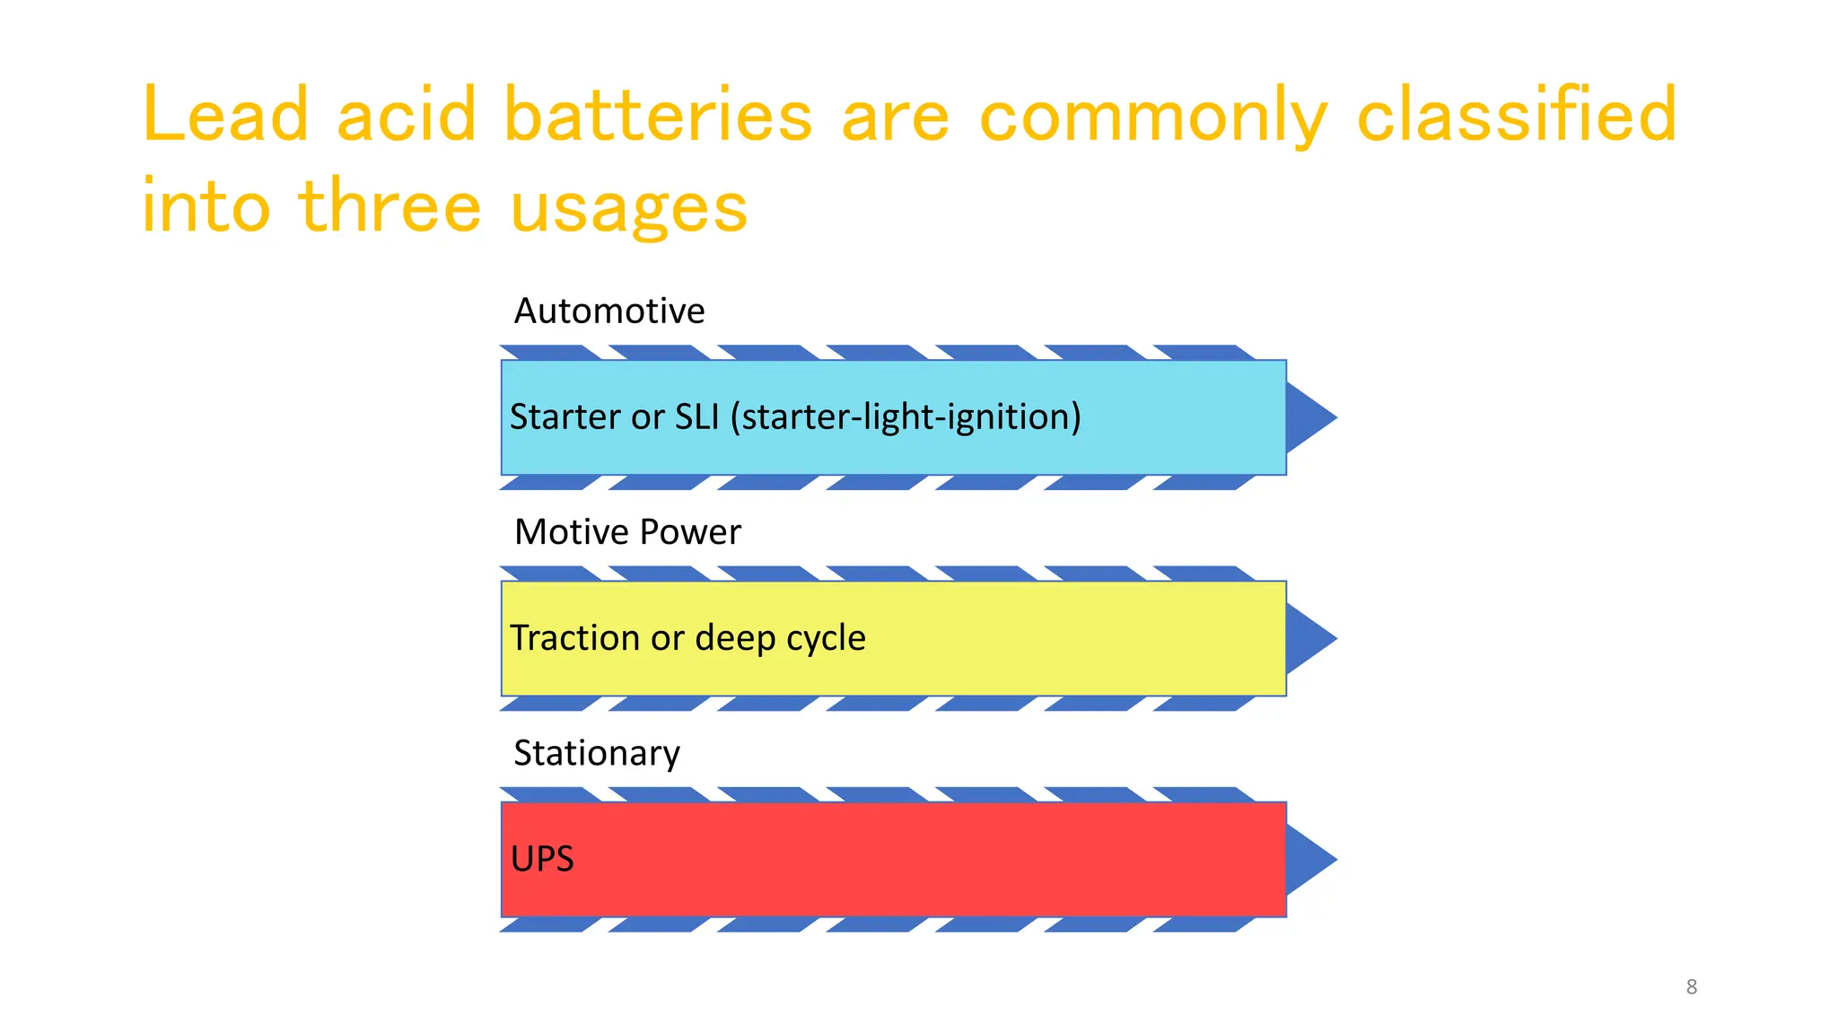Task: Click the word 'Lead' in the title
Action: click(225, 115)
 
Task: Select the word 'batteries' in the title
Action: click(658, 115)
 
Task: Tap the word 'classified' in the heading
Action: click(1517, 115)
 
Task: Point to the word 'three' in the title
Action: click(390, 206)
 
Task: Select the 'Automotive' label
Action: click(609, 311)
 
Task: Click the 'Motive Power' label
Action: click(627, 532)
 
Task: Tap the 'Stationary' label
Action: click(597, 753)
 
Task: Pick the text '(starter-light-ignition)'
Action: click(906, 417)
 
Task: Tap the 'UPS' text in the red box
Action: click(542, 859)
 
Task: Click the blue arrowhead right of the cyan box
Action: click(1308, 417)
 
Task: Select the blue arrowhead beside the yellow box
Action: click(1308, 638)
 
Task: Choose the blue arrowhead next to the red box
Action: click(1308, 859)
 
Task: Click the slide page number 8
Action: click(1692, 987)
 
